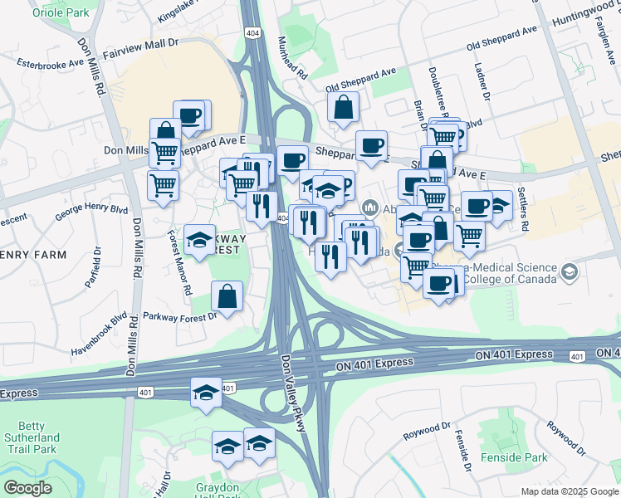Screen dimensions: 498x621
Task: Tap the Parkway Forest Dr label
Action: (179, 315)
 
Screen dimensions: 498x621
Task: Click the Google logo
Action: (27, 487)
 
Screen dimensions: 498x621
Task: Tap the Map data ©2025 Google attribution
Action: (569, 491)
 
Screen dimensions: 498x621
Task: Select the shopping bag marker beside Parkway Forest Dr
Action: (227, 296)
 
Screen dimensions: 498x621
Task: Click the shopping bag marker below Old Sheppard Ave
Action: (343, 108)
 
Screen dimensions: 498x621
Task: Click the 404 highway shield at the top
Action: (252, 32)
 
